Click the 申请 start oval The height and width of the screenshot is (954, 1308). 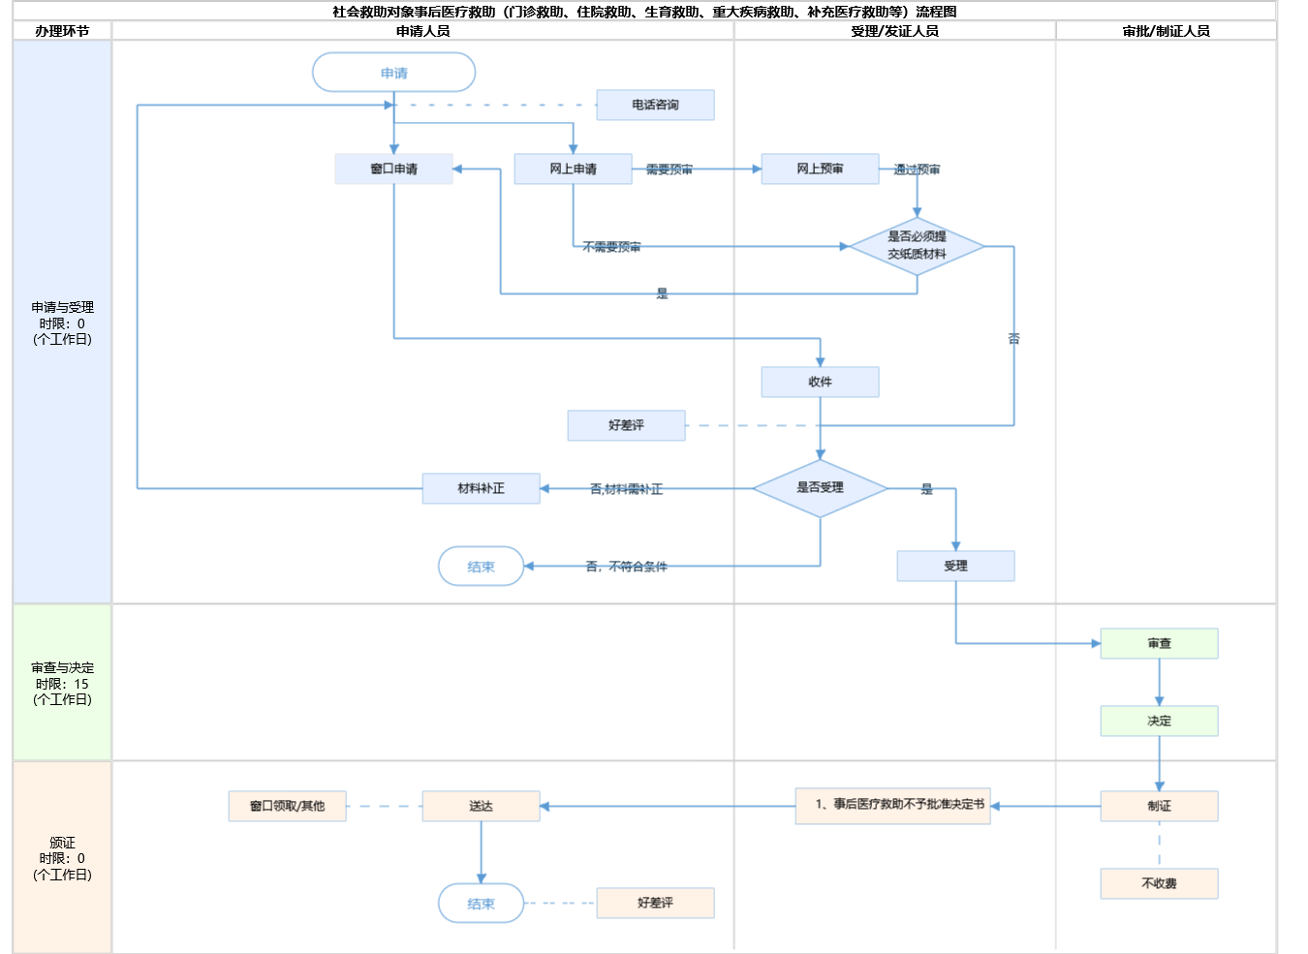(x=393, y=73)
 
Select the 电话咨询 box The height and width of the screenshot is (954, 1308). (x=655, y=105)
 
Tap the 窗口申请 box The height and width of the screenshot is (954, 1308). (x=393, y=169)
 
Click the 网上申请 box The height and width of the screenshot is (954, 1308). (x=573, y=169)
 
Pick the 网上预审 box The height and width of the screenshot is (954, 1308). (x=820, y=169)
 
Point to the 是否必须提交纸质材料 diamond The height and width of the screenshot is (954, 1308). (x=917, y=246)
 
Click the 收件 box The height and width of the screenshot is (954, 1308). (x=820, y=382)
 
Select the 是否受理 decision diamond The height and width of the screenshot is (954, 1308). (x=820, y=488)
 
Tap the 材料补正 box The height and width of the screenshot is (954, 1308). (x=481, y=488)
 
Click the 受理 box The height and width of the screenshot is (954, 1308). (x=955, y=566)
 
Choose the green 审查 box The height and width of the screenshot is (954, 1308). (x=1159, y=643)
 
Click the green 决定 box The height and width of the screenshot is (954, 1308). (x=1159, y=721)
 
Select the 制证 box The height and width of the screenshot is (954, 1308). (x=1159, y=806)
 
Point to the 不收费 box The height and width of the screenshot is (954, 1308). (x=1159, y=883)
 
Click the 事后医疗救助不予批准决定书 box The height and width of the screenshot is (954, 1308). (x=892, y=805)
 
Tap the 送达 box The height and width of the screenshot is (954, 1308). (x=481, y=806)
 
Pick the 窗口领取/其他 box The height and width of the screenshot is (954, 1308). (x=287, y=806)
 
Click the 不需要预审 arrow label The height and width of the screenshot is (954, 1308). (x=611, y=247)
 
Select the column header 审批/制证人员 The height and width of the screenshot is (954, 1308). (x=1166, y=31)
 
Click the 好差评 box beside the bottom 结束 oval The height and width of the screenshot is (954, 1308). (x=655, y=903)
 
